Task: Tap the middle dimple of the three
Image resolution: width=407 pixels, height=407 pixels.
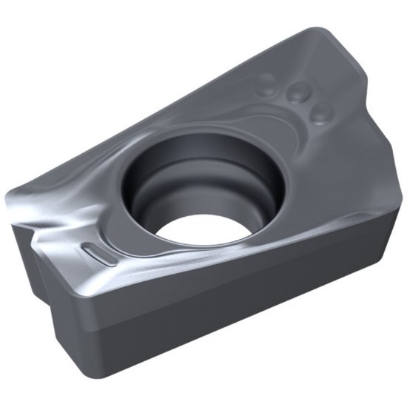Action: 298,92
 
